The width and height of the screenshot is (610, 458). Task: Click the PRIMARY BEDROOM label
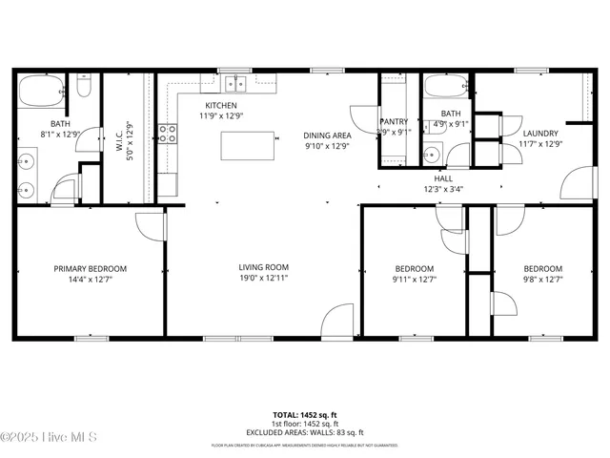point(90,269)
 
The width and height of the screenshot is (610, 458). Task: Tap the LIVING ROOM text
point(263,267)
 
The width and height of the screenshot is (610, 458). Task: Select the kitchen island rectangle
point(248,146)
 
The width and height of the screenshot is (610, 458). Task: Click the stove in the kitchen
point(168,134)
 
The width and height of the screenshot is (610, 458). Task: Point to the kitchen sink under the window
point(233,84)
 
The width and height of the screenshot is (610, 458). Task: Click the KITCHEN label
point(221,105)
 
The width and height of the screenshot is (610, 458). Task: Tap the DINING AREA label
point(327,135)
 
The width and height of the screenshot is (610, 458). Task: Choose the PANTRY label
point(394,122)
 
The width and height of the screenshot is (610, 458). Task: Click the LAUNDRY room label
point(540,133)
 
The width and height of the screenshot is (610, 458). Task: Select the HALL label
point(443,178)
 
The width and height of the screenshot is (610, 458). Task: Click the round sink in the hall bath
point(432,154)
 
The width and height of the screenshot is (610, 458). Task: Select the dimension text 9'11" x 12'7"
point(414,280)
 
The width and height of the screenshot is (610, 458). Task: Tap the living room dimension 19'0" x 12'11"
point(263,279)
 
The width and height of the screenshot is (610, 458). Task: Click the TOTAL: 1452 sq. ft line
point(305,415)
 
